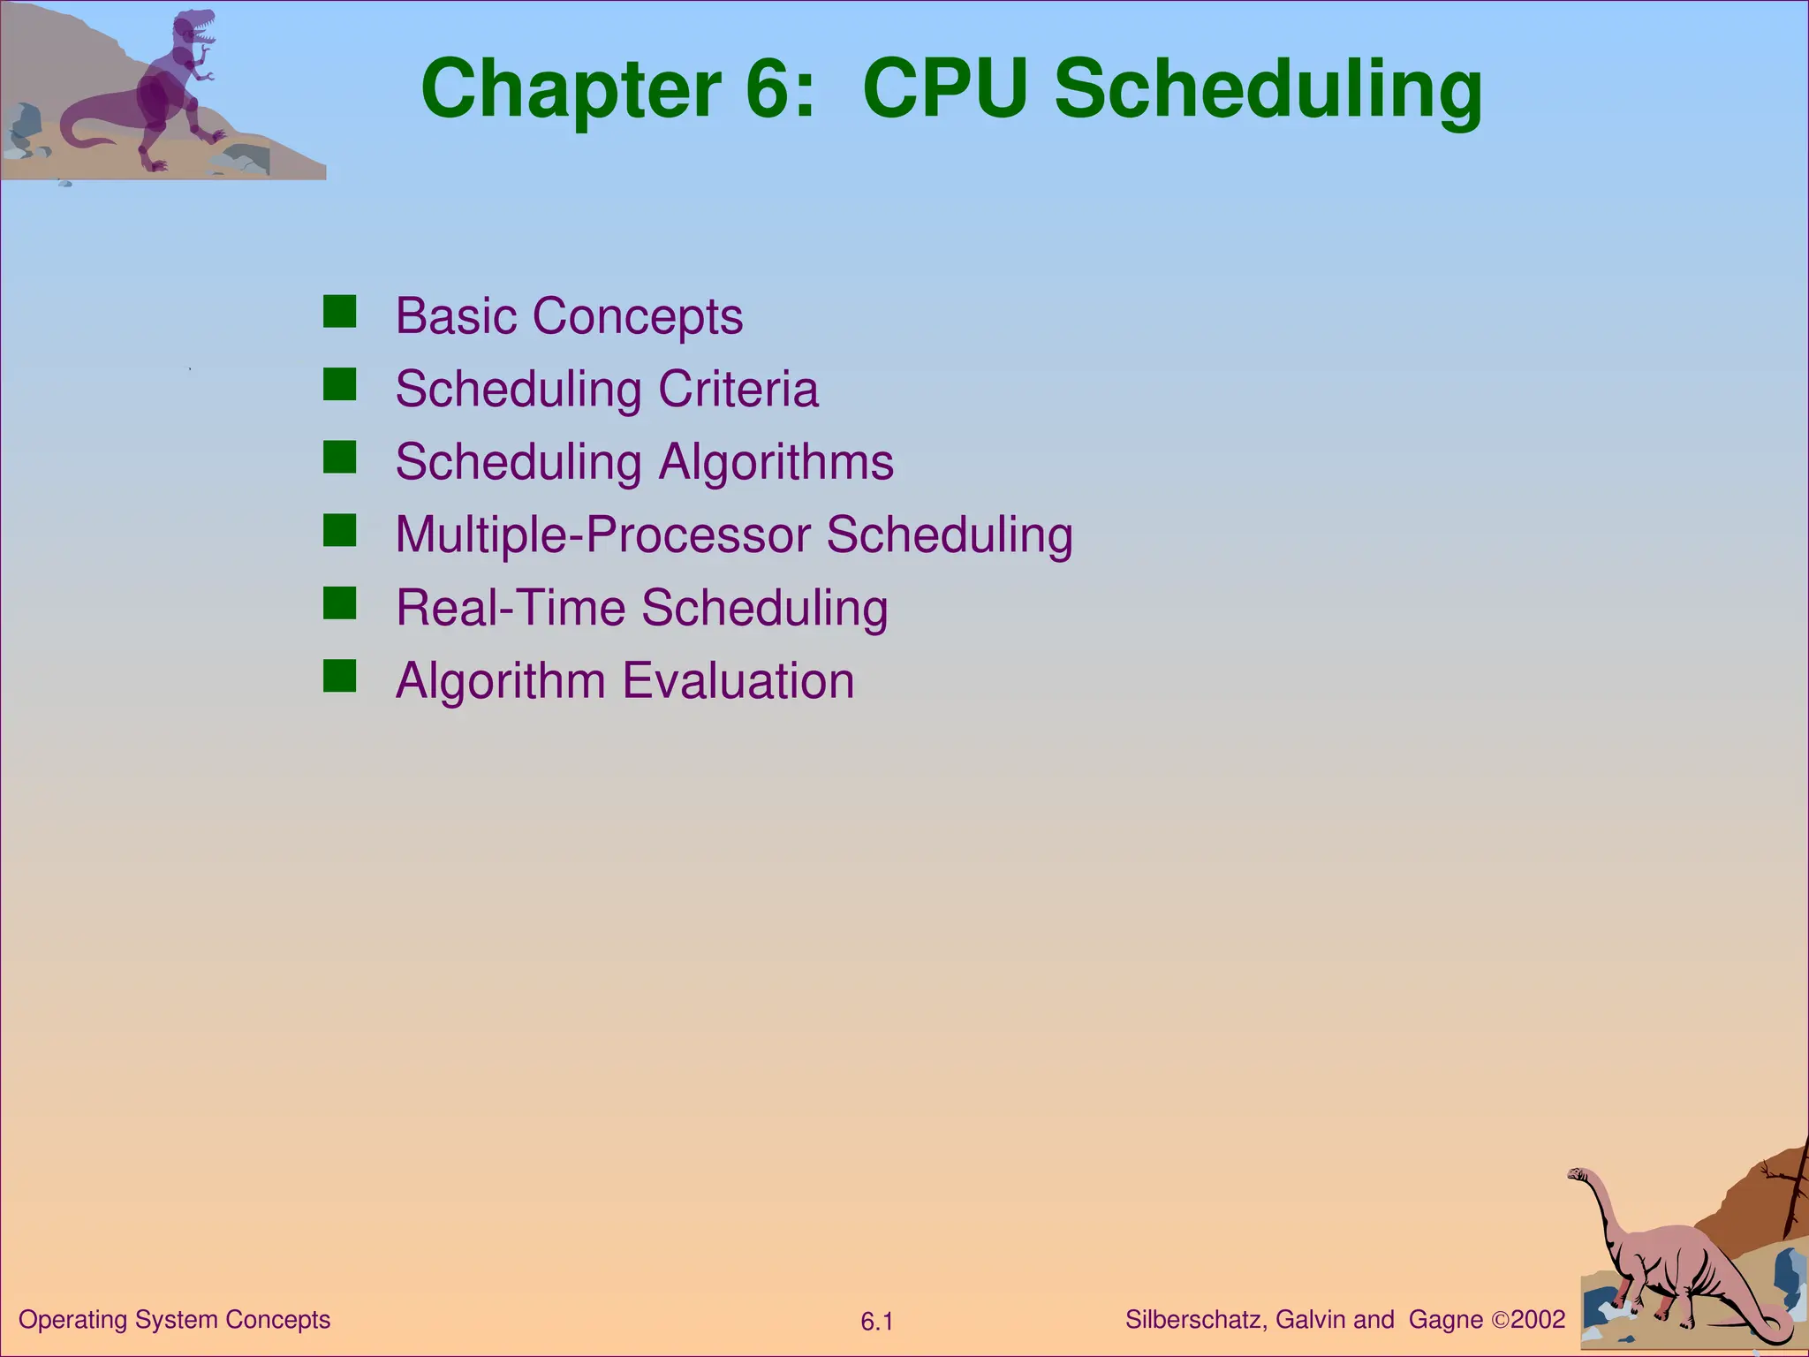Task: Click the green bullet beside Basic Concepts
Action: click(x=339, y=312)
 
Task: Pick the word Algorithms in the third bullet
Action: click(x=776, y=462)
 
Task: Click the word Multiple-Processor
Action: click(x=602, y=535)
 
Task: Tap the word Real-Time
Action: click(x=511, y=608)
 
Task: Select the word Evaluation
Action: click(x=738, y=681)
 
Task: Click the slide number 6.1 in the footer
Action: click(x=877, y=1323)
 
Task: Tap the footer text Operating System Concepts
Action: click(x=174, y=1320)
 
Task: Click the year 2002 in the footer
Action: click(x=1538, y=1320)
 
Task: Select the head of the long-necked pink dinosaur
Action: click(x=1578, y=1174)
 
